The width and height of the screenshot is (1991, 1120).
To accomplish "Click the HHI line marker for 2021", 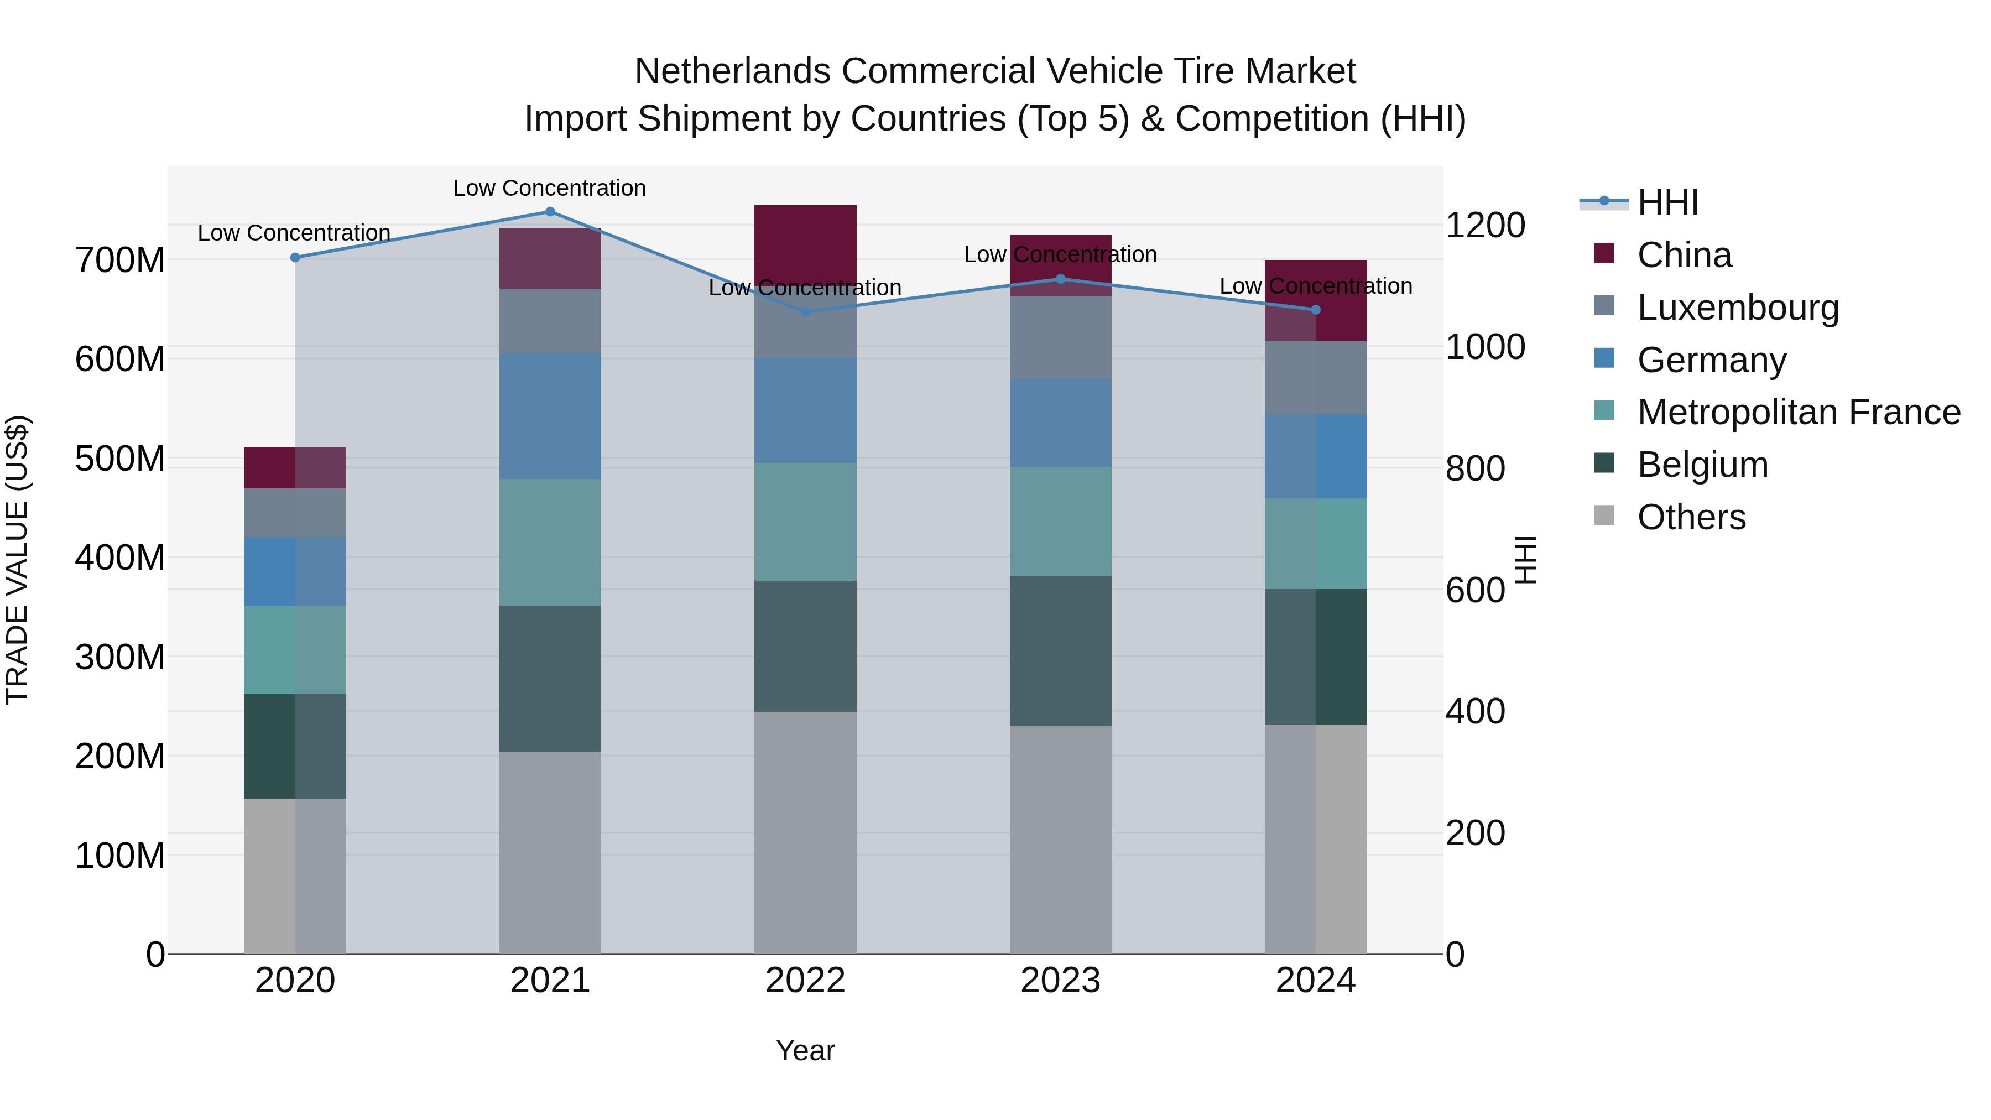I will pyautogui.click(x=550, y=211).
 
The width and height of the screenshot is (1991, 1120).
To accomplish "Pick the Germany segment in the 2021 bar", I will pyautogui.click(x=550, y=416).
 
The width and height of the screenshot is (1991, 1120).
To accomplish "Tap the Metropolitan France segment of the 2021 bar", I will pyautogui.click(x=550, y=542).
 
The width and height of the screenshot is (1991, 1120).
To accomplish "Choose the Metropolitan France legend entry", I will pyautogui.click(x=1798, y=412).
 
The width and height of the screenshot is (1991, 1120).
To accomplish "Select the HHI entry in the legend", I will pyautogui.click(x=1667, y=202).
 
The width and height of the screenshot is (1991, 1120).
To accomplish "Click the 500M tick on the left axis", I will pyautogui.click(x=120, y=459).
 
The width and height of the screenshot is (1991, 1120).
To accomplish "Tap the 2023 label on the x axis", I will pyautogui.click(x=1060, y=980).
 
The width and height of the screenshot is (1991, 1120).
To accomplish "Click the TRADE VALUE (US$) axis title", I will pyautogui.click(x=17, y=560).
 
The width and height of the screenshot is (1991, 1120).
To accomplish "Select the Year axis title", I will pyautogui.click(x=805, y=1050).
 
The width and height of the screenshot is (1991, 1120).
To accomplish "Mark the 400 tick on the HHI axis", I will pyautogui.click(x=1474, y=711).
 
